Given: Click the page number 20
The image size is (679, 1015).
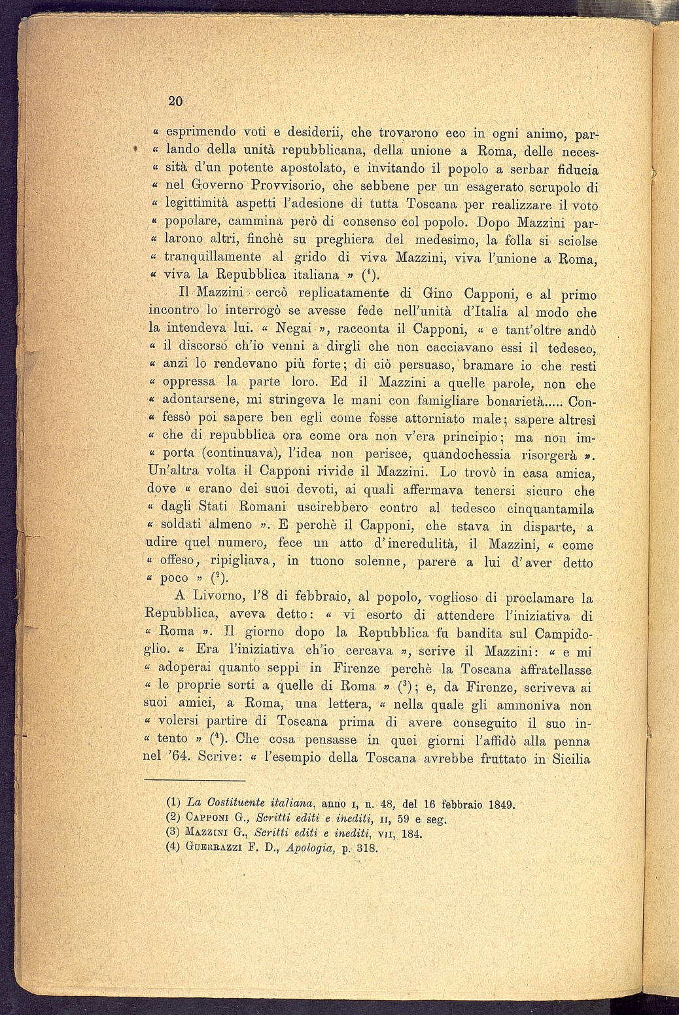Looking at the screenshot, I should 174,101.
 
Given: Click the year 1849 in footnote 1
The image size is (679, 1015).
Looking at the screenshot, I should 499,802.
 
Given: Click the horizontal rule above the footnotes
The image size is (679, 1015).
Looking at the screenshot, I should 194,780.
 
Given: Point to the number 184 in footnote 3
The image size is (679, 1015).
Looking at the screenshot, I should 411,832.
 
